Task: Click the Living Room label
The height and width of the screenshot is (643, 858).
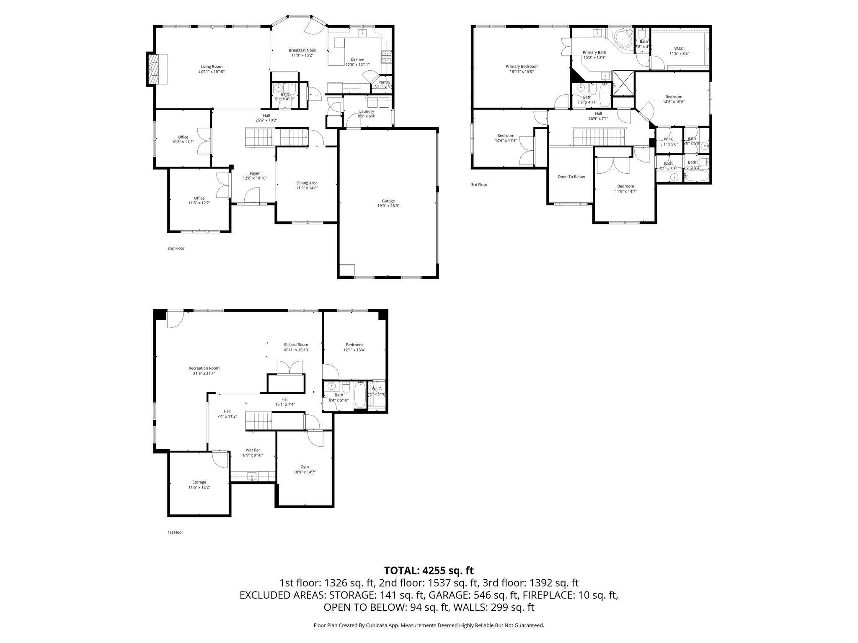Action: tap(212, 67)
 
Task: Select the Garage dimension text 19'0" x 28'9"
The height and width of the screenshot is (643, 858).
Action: tap(388, 206)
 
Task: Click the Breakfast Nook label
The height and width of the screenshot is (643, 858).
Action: tap(302, 50)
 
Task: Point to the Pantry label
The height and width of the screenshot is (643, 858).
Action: tap(384, 82)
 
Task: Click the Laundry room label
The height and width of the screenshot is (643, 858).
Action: tap(367, 111)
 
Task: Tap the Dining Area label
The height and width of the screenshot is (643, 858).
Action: tap(307, 183)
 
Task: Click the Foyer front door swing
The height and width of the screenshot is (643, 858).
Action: tap(251, 195)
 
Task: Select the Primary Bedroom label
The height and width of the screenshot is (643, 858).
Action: tap(521, 67)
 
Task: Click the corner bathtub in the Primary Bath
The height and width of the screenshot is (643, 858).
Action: tap(623, 39)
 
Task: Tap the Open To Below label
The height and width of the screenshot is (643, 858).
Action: tap(571, 177)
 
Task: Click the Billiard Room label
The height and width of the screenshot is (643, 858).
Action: tap(296, 345)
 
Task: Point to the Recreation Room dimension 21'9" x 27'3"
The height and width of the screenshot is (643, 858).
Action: tap(204, 373)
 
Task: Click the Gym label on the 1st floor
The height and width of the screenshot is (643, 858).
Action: tap(305, 467)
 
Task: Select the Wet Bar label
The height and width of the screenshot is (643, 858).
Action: tap(253, 450)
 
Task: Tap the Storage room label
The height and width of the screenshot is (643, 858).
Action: tap(199, 482)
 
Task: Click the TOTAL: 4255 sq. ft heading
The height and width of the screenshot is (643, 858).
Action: tap(429, 570)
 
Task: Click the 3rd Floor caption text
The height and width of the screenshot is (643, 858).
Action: tap(479, 185)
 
